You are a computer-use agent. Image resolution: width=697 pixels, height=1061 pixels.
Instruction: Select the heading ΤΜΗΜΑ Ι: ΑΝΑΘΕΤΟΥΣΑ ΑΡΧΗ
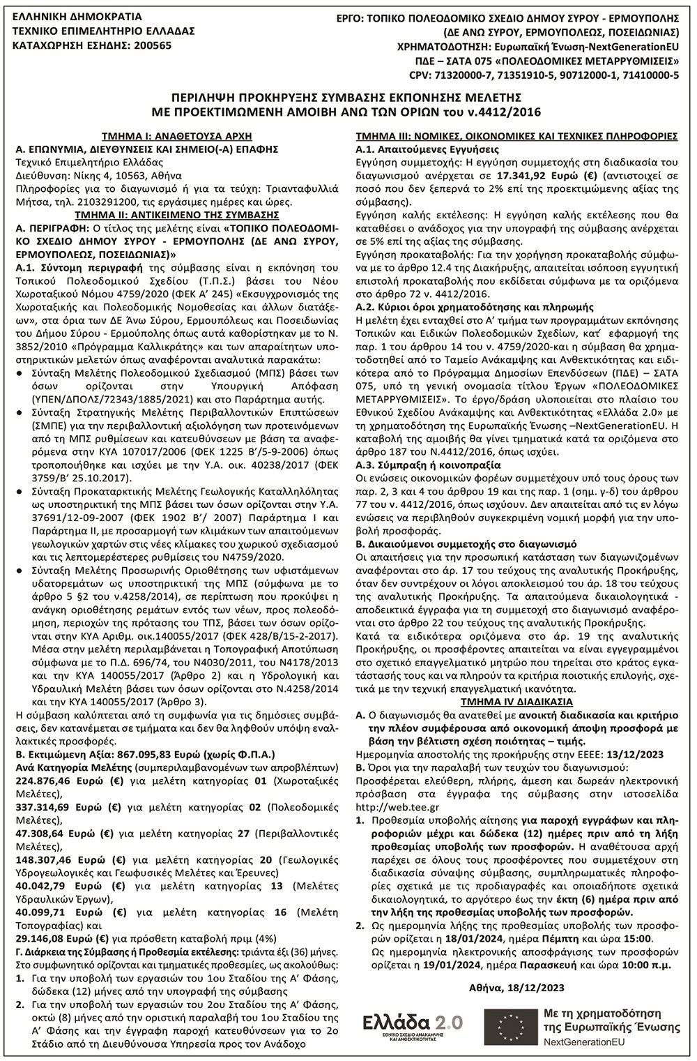pyautogui.click(x=176, y=136)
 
